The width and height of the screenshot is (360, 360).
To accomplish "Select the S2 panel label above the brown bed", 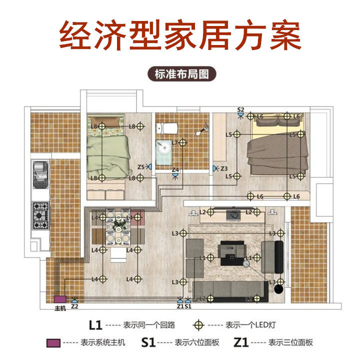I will tap(240, 109).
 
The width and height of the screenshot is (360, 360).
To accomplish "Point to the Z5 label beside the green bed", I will tap(141, 166).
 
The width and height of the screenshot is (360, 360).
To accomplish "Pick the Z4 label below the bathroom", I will tap(175, 170).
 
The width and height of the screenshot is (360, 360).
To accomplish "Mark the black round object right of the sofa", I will tap(278, 288).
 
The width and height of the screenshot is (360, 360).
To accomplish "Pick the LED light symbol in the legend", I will tap(199, 325).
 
